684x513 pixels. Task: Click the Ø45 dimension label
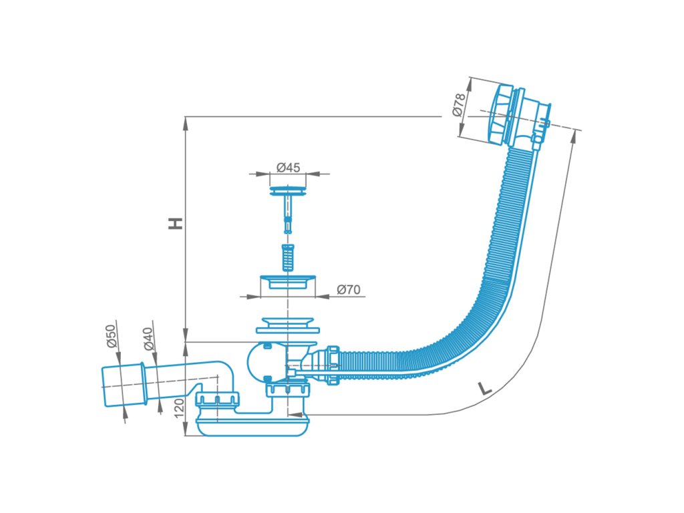tap(289, 167)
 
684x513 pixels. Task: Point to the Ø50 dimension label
tap(112, 336)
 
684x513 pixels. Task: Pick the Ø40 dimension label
tap(149, 339)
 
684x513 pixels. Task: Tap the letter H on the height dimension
tap(176, 223)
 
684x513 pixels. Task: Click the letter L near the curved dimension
tap(484, 388)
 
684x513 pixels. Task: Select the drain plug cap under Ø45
tap(287, 192)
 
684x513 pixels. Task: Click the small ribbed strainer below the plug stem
tap(287, 257)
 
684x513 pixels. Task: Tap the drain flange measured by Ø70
tap(287, 282)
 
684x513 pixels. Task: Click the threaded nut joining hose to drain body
tap(333, 365)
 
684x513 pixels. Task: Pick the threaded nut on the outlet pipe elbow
tap(217, 399)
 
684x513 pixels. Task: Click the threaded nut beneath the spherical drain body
tap(288, 388)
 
